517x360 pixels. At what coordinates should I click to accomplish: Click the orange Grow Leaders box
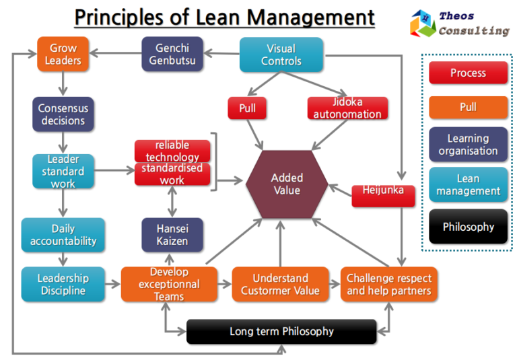[x=63, y=54]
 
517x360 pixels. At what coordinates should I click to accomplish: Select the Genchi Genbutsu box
[x=172, y=54]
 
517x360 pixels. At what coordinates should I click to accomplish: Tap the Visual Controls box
[x=281, y=55]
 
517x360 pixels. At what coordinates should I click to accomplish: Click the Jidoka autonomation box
[x=347, y=108]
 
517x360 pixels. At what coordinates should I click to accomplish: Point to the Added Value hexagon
[x=287, y=184]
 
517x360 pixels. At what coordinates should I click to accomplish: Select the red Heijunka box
[x=382, y=191]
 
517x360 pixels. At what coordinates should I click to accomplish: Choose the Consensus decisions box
[x=63, y=114]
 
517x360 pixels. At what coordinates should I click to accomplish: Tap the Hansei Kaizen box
[x=172, y=235]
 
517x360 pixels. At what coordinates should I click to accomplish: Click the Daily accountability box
[x=63, y=235]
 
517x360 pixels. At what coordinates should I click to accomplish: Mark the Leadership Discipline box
[x=63, y=284]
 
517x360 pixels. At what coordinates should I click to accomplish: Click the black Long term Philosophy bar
[x=281, y=331]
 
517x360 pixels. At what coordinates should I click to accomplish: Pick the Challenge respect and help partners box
[x=389, y=284]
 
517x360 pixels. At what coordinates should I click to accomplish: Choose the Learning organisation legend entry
[x=468, y=145]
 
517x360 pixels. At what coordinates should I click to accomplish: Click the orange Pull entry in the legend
[x=468, y=107]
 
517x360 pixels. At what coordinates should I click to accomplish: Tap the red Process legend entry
[x=468, y=73]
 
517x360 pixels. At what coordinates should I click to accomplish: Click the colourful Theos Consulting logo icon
[x=423, y=23]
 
